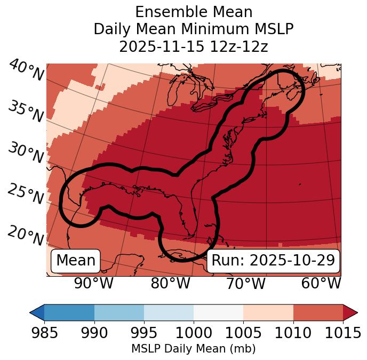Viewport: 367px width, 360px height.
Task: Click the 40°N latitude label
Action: [26, 70]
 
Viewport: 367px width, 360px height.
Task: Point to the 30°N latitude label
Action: [26, 153]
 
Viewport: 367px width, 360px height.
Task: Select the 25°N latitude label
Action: [26, 194]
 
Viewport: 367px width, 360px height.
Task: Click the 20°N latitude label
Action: [26, 235]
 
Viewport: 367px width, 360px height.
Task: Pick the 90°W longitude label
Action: [94, 283]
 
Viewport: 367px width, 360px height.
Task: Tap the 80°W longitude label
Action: [171, 283]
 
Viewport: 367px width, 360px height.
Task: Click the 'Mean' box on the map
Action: [76, 261]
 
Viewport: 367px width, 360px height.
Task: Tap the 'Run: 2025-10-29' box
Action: [273, 261]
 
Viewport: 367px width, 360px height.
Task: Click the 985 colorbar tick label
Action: [44, 333]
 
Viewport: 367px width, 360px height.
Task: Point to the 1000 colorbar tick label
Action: [194, 333]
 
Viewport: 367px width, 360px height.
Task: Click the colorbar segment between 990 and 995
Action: [119, 312]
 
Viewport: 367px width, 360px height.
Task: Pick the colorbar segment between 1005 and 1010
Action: [268, 312]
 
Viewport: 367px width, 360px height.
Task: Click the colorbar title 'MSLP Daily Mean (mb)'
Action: [193, 349]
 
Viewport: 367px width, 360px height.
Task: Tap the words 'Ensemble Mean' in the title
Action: [194, 12]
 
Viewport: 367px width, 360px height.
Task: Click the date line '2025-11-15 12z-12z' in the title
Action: [194, 46]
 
